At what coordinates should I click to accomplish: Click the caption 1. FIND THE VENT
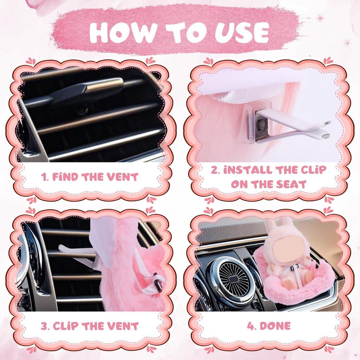click(90, 177)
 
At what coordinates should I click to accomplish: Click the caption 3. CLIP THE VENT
click(90, 326)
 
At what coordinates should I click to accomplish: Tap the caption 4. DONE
click(269, 326)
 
